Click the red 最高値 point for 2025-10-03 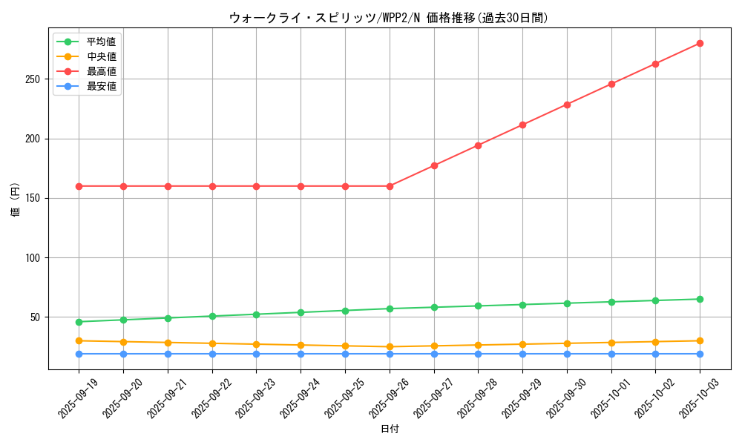[x=700, y=43]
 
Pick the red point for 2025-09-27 [x=434, y=165]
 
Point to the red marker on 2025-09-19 [x=79, y=186]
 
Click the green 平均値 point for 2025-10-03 [x=700, y=299]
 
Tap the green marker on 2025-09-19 [x=79, y=322]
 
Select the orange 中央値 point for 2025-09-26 [x=390, y=346]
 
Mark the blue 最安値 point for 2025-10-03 [x=700, y=354]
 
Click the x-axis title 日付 [x=390, y=429]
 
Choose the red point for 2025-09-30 [x=567, y=105]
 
